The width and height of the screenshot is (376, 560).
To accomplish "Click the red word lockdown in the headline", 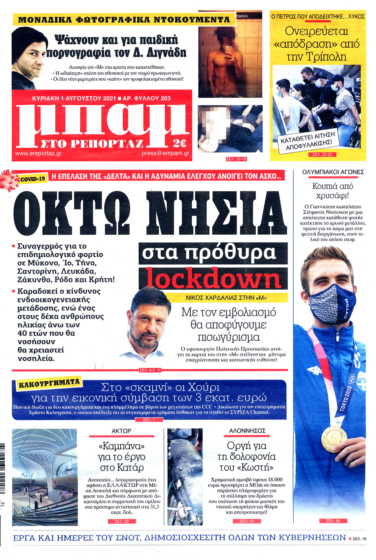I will coord(213,278).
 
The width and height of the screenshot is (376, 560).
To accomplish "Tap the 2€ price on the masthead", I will coord(179,143).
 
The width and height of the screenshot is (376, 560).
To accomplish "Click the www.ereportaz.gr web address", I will coord(38,153).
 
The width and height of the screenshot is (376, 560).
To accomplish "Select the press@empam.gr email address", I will coord(165,153).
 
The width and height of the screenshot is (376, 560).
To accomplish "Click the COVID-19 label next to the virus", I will coord(33,179).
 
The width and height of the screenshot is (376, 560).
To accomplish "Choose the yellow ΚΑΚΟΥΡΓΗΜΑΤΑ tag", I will coord(49,383).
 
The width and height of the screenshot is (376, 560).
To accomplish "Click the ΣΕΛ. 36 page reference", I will coord(333,521).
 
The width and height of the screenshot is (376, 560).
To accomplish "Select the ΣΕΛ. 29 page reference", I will coord(121,521).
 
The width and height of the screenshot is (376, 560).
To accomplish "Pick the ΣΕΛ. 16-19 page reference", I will coord(236,159).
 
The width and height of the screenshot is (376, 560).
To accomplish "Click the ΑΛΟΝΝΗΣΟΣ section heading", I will coord(247,431).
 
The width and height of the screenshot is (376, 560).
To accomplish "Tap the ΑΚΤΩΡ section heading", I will coord(121,431).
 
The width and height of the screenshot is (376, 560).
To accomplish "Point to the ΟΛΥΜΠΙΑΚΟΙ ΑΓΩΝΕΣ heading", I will coord(333,172).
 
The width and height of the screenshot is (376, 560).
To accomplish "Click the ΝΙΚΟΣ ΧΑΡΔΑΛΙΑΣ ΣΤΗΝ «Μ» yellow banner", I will coord(226,298).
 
